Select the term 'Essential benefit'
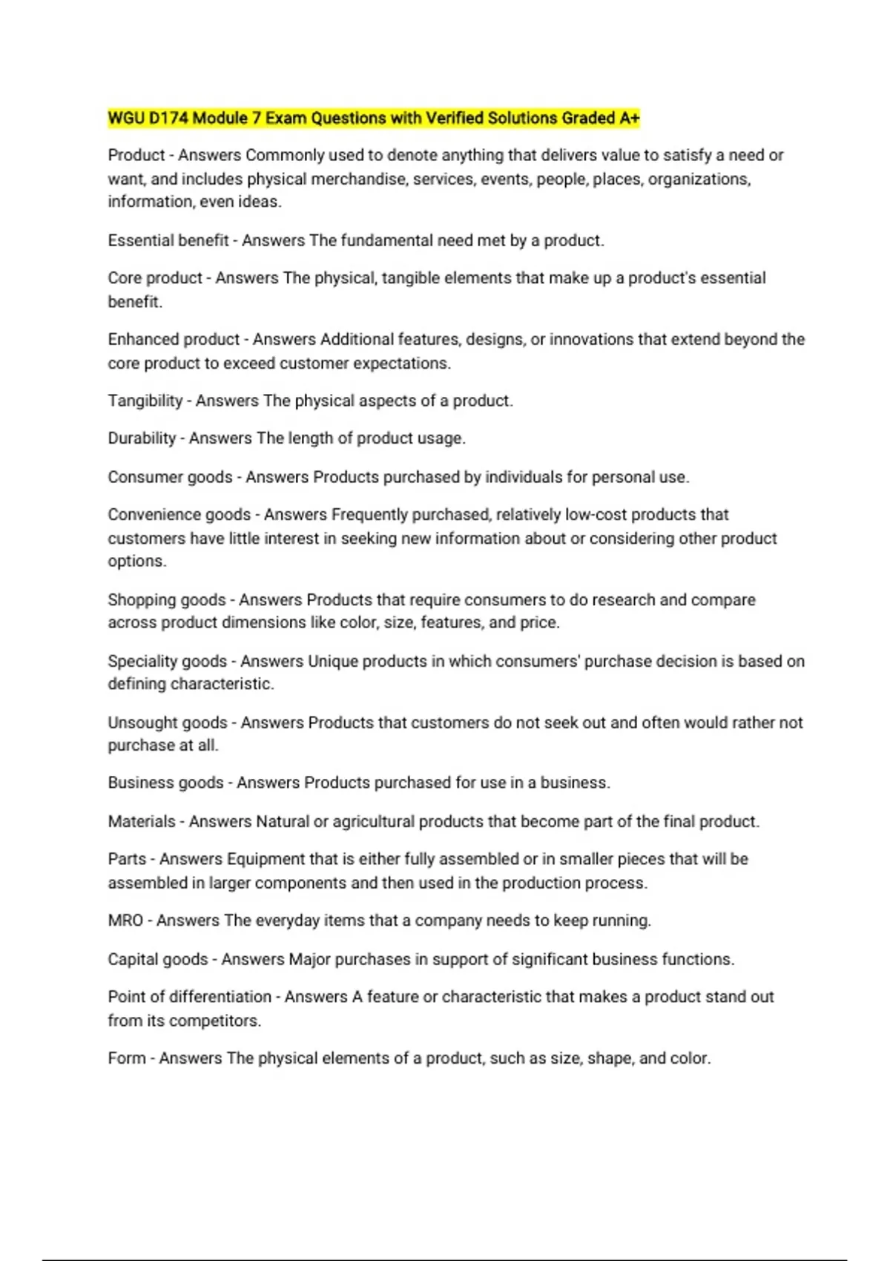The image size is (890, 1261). pos(168,240)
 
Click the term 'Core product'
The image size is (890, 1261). pos(155,278)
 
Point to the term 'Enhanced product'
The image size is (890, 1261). pos(174,340)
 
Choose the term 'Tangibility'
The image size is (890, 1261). pos(145,401)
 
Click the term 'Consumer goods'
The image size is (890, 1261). pos(170,477)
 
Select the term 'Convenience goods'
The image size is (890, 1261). pos(179,515)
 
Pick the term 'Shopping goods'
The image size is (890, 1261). pos(167,599)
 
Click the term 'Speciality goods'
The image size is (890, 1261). pos(168,661)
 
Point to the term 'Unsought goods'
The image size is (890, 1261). pos(168,722)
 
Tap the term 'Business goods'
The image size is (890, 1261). pos(165,783)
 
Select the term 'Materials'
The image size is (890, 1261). pos(142,821)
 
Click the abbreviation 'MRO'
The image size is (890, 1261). pos(125,921)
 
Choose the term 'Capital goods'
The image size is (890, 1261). pos(158,959)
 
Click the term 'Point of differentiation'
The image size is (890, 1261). pos(190,997)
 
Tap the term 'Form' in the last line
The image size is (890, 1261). pos(127,1058)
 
